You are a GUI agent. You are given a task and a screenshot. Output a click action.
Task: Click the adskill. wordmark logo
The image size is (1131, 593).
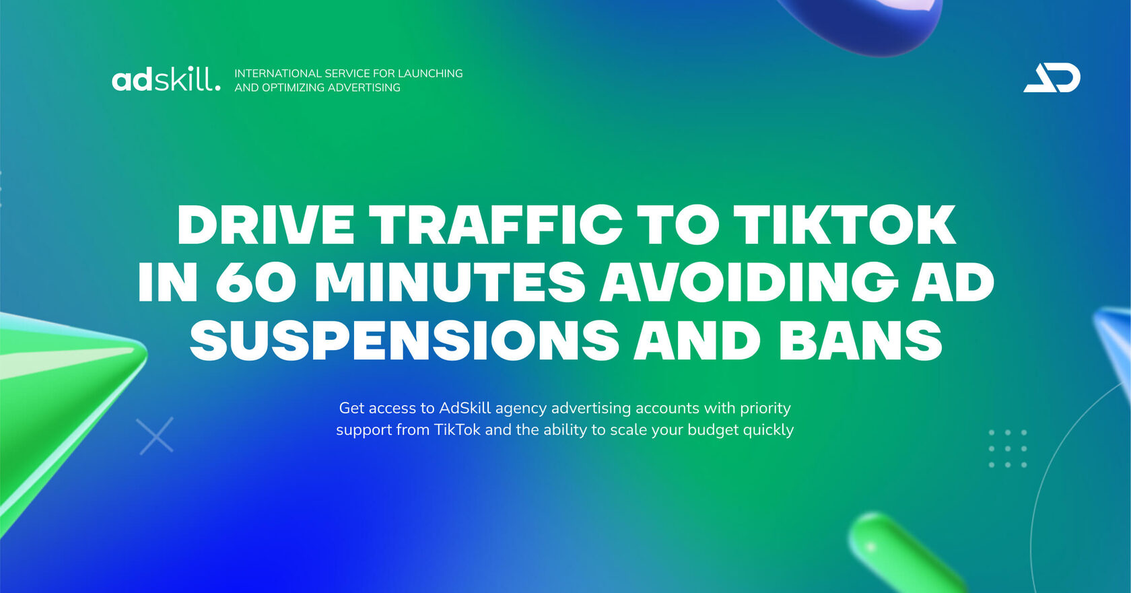(x=166, y=79)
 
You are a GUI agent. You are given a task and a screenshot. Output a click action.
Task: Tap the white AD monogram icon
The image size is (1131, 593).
(x=1052, y=78)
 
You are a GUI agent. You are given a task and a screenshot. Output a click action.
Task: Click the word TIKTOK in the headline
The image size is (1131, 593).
(x=844, y=225)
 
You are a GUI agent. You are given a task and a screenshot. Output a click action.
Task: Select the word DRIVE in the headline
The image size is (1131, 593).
(x=266, y=225)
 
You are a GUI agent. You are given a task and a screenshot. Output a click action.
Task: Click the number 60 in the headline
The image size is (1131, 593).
(x=256, y=282)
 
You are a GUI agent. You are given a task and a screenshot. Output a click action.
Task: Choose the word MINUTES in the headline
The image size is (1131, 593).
(x=450, y=282)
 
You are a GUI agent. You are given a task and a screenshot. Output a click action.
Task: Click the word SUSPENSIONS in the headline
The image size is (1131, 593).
(x=404, y=340)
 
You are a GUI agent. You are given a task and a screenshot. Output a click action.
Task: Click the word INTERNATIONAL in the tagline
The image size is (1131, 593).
(x=278, y=73)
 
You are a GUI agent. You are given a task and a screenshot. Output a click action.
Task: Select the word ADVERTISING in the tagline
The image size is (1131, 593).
(x=364, y=88)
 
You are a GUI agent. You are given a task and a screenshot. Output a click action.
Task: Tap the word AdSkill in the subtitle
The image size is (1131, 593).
(x=465, y=408)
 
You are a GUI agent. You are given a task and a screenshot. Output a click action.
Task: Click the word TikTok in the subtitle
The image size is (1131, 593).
(x=457, y=429)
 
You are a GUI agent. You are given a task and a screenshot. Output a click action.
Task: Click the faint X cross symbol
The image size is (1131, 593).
(x=155, y=435)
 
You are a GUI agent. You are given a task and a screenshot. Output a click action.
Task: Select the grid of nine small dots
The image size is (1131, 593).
(x=1008, y=449)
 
